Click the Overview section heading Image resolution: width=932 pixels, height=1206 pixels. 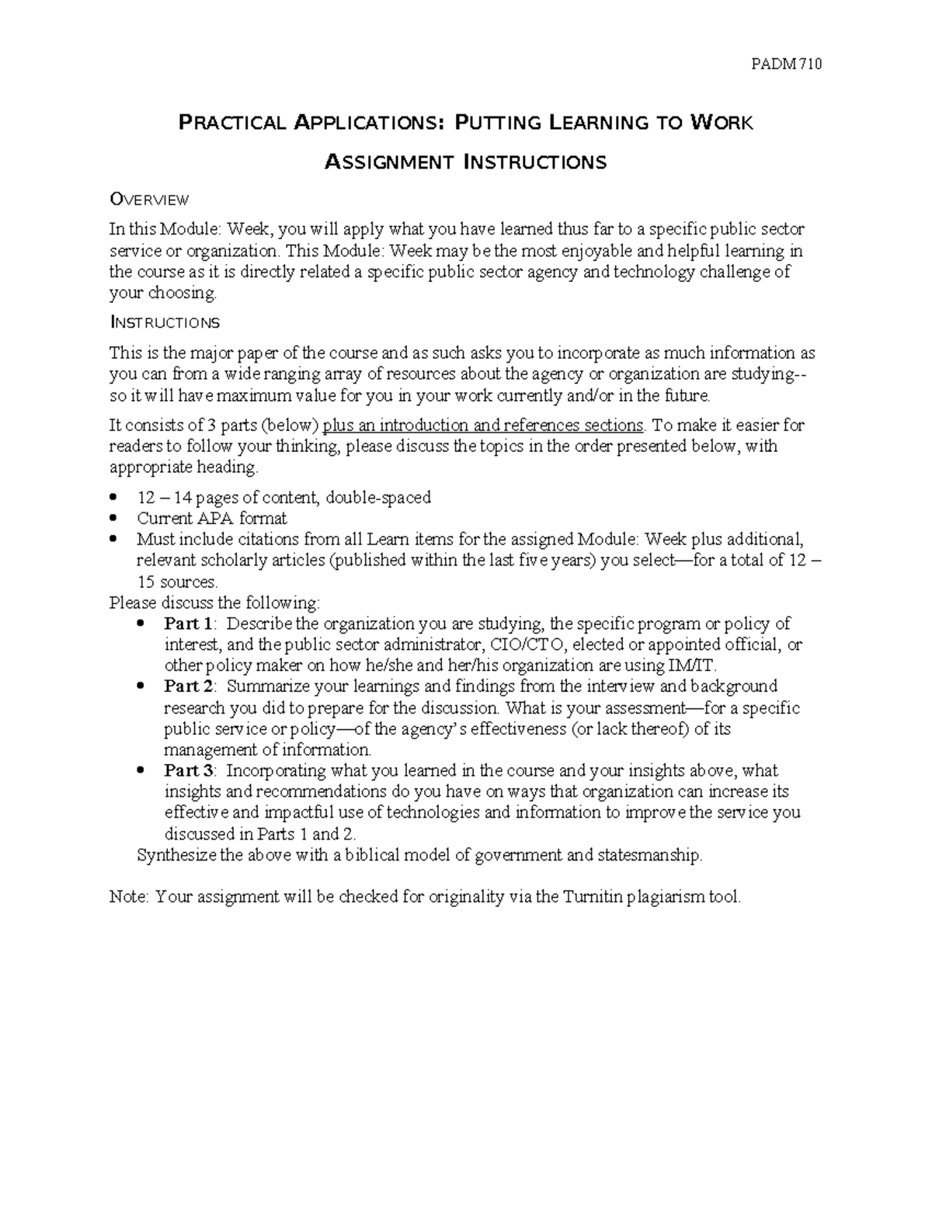coord(149,200)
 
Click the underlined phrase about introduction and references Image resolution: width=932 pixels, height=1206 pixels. coord(482,426)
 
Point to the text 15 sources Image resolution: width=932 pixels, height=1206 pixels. coord(177,582)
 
